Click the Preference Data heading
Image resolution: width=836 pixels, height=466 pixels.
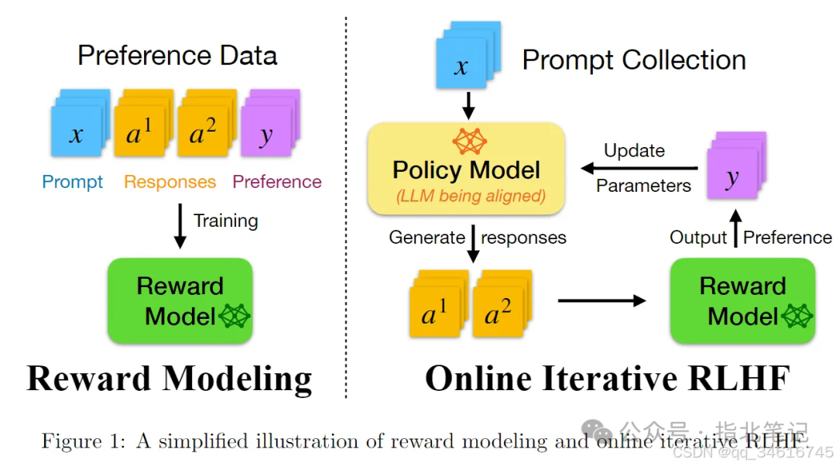[x=177, y=56]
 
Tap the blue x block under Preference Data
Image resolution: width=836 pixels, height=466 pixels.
[x=80, y=123]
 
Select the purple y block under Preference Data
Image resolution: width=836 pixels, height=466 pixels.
[x=270, y=123]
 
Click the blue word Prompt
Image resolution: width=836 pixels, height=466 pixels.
[x=73, y=183]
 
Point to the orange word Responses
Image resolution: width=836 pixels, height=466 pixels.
[x=170, y=182]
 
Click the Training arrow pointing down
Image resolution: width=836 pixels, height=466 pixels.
[x=180, y=226]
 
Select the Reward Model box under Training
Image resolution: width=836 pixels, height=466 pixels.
[x=180, y=300]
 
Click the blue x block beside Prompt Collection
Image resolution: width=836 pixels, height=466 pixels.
[x=468, y=55]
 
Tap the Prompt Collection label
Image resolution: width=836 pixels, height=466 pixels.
[x=634, y=60]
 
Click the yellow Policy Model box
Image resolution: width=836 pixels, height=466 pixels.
[x=467, y=169]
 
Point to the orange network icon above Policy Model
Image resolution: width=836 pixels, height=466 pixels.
[x=469, y=142]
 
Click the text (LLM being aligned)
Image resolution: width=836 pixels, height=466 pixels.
[x=471, y=196]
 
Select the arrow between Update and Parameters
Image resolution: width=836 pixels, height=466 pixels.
[x=639, y=169]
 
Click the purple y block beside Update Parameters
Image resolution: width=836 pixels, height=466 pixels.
[x=737, y=166]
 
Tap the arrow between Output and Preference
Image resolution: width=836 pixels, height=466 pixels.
[x=736, y=228]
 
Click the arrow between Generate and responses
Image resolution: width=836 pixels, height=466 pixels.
[x=473, y=244]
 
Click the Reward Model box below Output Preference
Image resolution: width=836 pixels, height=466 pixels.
[x=742, y=300]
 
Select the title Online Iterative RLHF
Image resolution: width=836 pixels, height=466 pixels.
[x=608, y=379]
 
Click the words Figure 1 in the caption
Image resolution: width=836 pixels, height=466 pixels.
[x=83, y=441]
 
